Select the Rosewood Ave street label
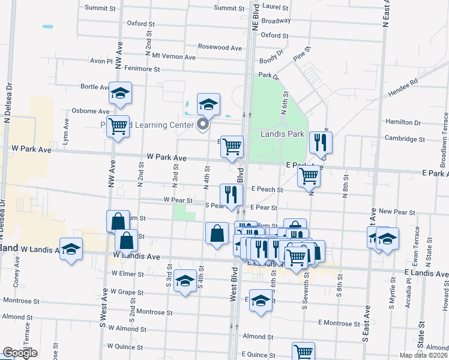220,47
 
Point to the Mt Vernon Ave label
174,57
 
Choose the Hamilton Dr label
402,122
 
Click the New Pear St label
394,212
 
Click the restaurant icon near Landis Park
321,142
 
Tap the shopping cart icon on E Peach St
309,175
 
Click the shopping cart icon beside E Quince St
304,352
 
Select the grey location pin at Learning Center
203,124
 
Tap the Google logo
20,353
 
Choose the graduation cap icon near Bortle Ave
120,93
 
